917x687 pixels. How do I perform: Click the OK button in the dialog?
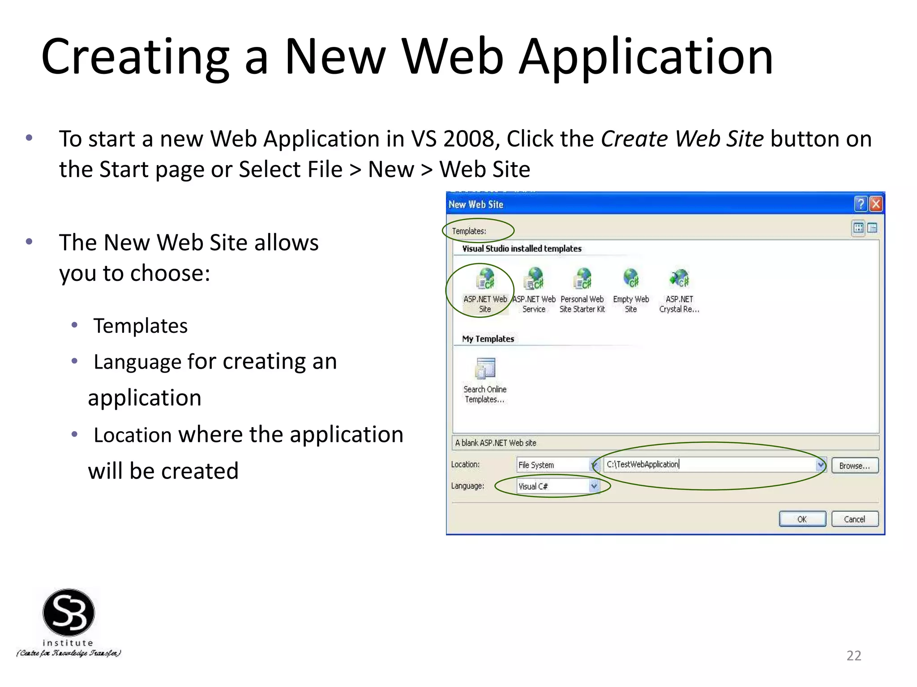tap(802, 519)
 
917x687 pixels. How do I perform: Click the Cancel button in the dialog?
tap(854, 519)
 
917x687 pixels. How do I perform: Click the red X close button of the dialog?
tap(876, 204)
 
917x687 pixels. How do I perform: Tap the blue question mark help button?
tap(861, 204)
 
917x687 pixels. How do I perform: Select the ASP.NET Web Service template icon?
tap(534, 279)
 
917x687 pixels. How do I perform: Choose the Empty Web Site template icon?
tap(631, 279)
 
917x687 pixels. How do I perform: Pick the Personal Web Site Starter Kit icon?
tap(583, 279)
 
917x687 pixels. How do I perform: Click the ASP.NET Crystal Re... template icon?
tap(679, 279)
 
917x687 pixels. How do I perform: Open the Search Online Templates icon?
tap(485, 369)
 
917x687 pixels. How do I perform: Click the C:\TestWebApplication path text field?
tap(710, 465)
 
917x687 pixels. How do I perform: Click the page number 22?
tap(853, 655)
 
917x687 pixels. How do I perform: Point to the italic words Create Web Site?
tap(682, 139)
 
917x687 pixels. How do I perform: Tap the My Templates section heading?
tap(488, 339)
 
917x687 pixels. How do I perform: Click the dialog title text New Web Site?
tap(476, 204)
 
